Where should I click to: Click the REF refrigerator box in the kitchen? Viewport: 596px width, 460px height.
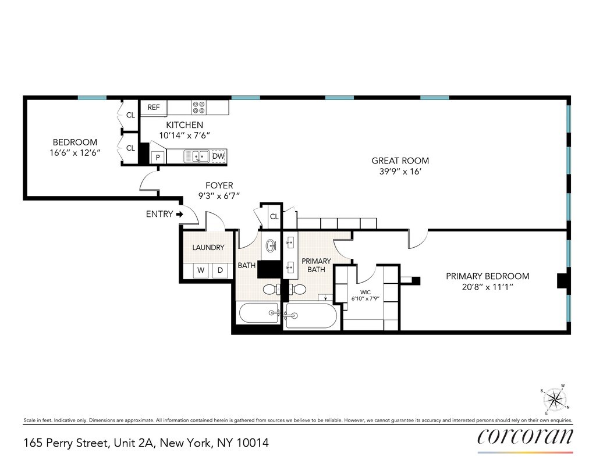click(x=154, y=108)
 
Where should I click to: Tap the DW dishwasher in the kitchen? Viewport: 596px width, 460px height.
click(x=218, y=156)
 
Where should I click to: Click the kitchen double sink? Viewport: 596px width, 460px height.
click(x=197, y=156)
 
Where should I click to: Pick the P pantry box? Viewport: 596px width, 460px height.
click(x=157, y=158)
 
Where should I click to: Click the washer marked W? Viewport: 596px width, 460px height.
click(x=201, y=270)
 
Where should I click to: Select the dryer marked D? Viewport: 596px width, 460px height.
click(x=220, y=270)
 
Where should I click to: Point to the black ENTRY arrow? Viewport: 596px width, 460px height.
click(x=180, y=214)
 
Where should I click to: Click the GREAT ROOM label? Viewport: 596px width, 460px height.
click(x=400, y=161)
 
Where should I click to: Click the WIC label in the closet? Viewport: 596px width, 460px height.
click(x=365, y=292)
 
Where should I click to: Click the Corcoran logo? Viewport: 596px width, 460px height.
click(x=525, y=436)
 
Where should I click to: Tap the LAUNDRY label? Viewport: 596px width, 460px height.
click(x=208, y=248)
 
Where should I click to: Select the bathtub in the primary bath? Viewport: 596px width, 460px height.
click(x=311, y=316)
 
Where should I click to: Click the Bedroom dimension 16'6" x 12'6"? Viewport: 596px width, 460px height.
click(x=75, y=153)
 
